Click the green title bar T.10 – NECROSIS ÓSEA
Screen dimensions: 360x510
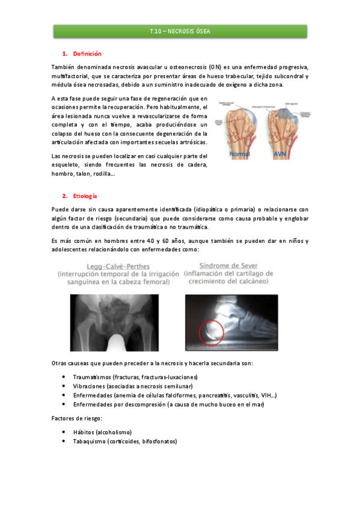tap(180, 31)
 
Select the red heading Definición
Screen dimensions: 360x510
tap(87, 54)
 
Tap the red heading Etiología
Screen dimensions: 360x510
tap(85, 196)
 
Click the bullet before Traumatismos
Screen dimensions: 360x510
tap(65, 376)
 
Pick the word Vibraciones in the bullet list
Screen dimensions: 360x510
tap(88, 386)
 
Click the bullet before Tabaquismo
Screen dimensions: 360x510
tap(65, 441)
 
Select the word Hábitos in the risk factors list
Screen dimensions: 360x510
tap(83, 432)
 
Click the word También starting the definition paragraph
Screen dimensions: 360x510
tap(64, 66)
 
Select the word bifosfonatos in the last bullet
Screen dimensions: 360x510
tap(158, 441)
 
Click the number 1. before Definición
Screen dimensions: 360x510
tap(65, 54)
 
